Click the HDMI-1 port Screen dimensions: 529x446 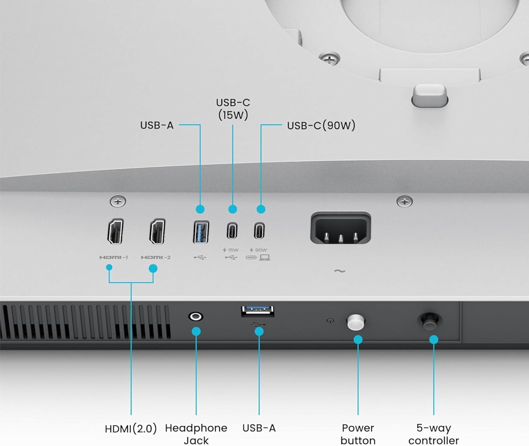click(x=116, y=231)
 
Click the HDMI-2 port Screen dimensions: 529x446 click(x=158, y=231)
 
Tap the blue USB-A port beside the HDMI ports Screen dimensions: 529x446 click(x=201, y=232)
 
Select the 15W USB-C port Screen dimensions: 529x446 click(x=232, y=231)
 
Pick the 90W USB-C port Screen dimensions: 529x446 click(x=259, y=231)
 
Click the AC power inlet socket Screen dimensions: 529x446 click(x=341, y=228)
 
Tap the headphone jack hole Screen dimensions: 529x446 click(x=196, y=317)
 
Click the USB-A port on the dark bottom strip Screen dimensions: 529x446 click(x=258, y=311)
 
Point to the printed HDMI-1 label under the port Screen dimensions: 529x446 click(x=114, y=258)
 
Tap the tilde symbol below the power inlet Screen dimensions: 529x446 click(x=340, y=271)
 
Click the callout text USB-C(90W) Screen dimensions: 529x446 click(x=321, y=126)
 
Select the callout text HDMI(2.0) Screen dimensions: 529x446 click(x=131, y=429)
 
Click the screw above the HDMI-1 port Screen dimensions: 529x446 click(x=118, y=202)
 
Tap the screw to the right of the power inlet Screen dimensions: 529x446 click(x=405, y=202)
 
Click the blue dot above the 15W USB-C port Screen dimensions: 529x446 click(x=232, y=209)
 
